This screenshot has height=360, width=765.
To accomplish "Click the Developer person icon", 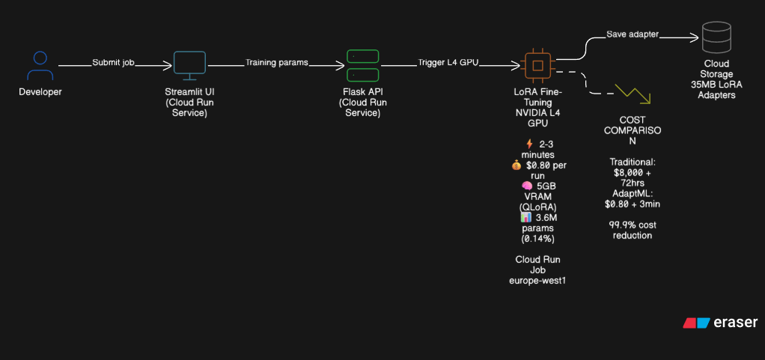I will point(40,65).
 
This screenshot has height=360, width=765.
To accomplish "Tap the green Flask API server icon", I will point(363,66).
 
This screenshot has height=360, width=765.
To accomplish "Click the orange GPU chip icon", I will point(537,65).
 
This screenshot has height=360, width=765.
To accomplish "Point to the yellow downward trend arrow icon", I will point(633,93).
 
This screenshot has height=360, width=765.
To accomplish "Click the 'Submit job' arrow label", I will point(114,63).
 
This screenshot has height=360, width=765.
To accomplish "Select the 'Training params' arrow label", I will point(277,63).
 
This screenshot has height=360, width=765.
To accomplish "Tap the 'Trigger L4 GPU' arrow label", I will point(448,63).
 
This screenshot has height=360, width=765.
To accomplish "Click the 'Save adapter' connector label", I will point(633,34).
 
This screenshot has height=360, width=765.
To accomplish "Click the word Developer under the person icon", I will point(40,92).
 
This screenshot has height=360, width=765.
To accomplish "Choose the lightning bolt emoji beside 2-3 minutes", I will point(529,143).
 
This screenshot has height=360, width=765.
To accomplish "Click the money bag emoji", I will point(516,165).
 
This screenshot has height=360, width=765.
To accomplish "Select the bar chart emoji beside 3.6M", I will point(525,217).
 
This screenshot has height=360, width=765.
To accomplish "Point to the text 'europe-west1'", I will point(536,281).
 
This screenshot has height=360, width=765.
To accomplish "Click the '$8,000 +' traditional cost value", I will point(633,171).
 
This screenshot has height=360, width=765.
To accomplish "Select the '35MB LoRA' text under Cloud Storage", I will point(716,85).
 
